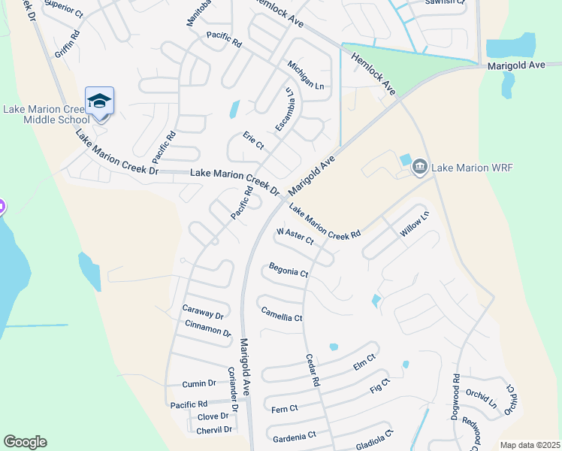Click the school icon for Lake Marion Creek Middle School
tap(99, 101)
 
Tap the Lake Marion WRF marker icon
tap(419, 167)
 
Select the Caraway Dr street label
tap(204, 312)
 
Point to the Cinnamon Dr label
tap(207, 328)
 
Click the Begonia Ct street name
tap(289, 270)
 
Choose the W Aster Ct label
tap(295, 237)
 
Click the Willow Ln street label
tap(413, 225)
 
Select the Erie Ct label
tap(253, 141)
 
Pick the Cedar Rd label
tap(312, 371)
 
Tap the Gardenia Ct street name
tap(295, 437)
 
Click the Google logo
tap(25, 442)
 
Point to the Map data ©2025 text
tap(530, 445)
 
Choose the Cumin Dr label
tap(199, 383)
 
